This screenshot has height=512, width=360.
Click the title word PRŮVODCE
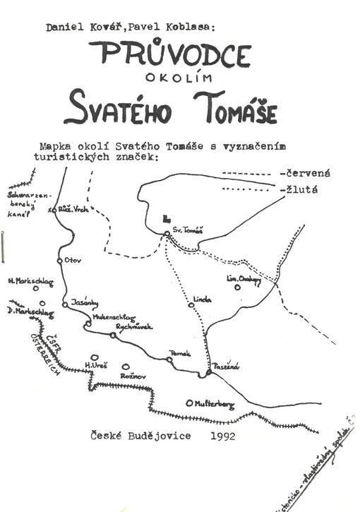click(171, 54)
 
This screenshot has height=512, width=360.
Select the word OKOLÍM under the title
click(172, 79)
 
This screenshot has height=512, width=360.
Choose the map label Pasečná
click(228, 366)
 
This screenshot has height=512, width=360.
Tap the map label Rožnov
click(133, 377)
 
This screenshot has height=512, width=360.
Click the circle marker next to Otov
click(60, 260)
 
